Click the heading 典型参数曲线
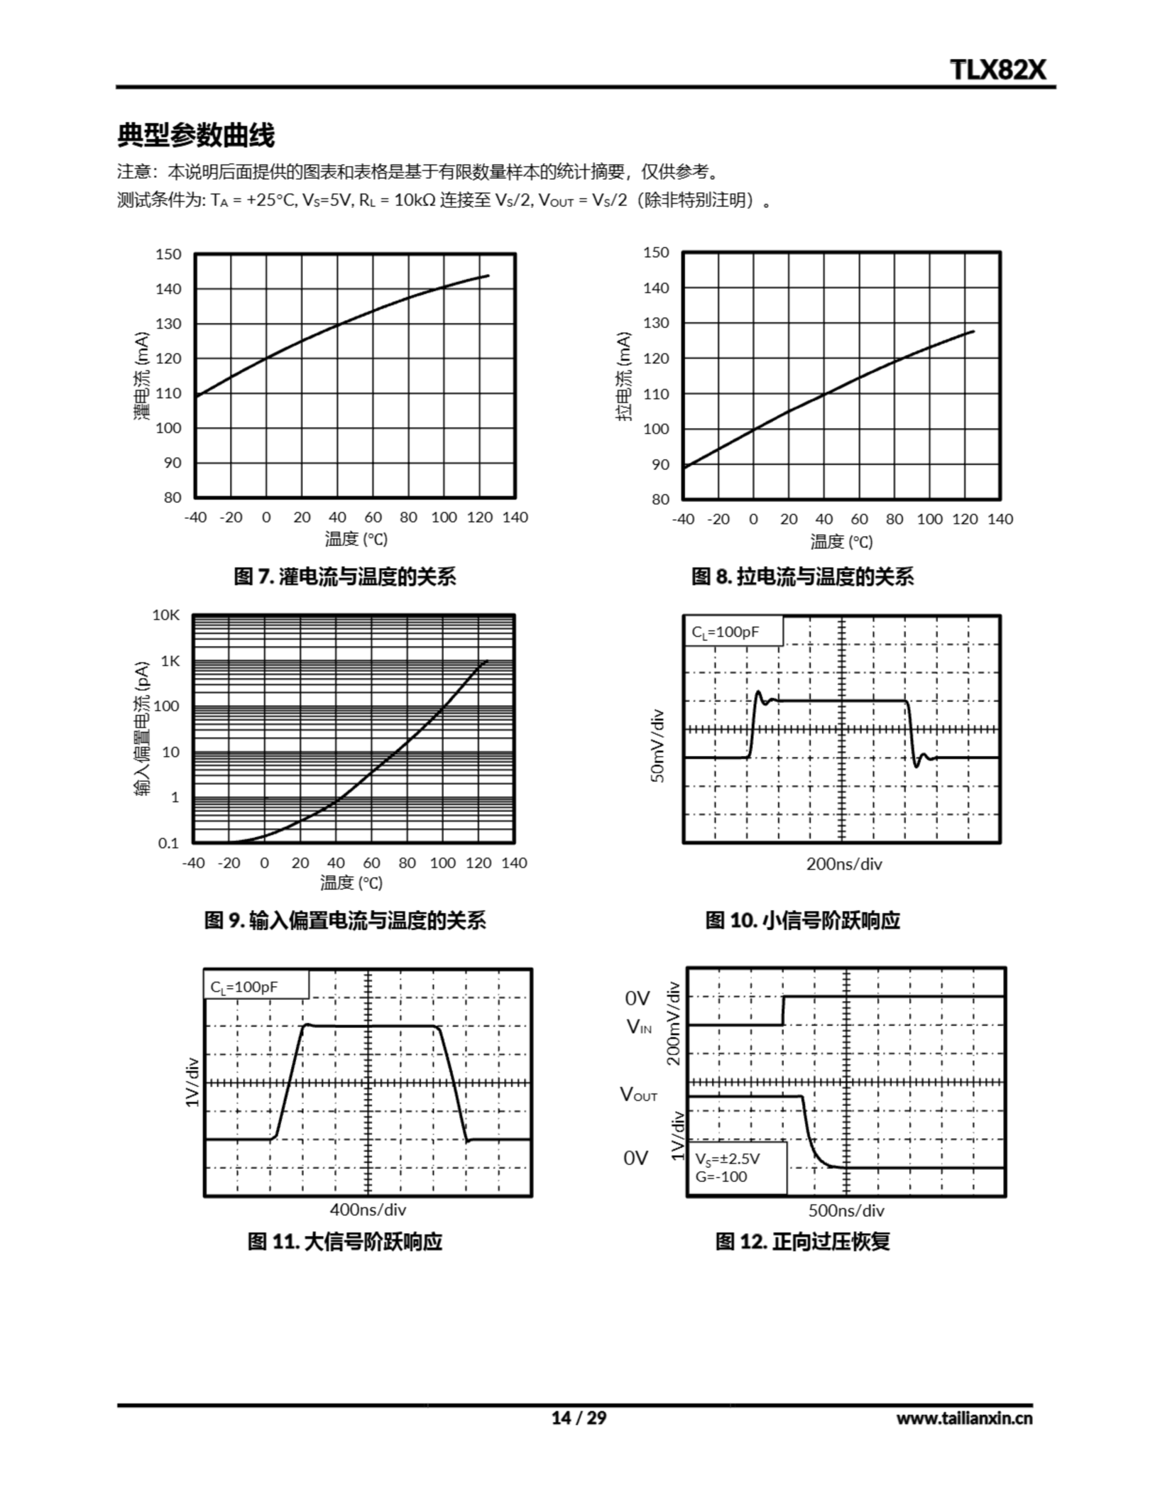pos(196,135)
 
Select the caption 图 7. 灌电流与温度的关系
pos(344,577)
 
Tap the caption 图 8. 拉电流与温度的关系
pos(802,577)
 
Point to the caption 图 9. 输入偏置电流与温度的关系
pos(344,921)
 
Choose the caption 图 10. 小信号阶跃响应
pos(802,921)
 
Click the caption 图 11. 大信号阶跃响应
pos(344,1242)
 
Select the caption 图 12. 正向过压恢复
pos(802,1242)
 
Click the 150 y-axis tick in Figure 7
pos(169,255)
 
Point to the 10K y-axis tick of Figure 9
pos(166,615)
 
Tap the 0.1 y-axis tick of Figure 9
pos(169,843)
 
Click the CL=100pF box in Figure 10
pos(733,632)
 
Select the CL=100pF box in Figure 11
pos(256,986)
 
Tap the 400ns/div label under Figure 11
pos(367,1210)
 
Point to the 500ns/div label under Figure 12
pos(846,1211)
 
